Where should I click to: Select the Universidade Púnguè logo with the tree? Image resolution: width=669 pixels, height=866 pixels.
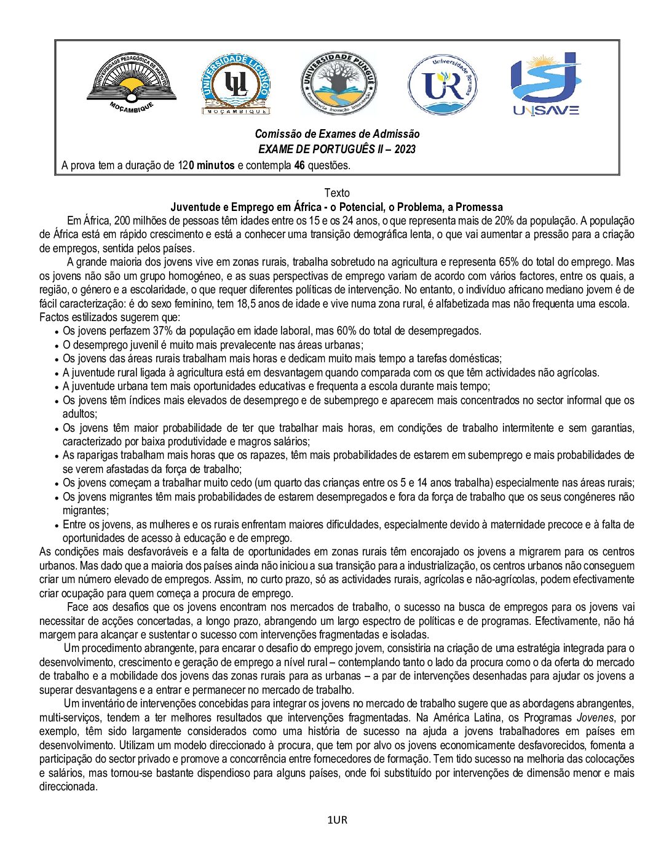(339, 84)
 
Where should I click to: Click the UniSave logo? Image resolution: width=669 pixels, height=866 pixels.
(545, 84)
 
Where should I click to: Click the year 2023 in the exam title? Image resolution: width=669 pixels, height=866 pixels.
(405, 149)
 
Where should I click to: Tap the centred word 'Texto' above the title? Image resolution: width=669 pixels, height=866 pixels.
(336, 193)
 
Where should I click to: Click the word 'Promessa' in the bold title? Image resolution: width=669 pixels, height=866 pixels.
(479, 207)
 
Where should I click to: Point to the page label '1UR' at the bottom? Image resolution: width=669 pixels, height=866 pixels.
(337, 820)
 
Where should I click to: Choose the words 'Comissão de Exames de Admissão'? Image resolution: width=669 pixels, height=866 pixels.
(337, 134)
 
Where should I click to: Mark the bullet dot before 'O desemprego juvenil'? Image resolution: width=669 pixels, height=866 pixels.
(57, 346)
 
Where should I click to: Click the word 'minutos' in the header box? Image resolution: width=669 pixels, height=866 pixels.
(215, 165)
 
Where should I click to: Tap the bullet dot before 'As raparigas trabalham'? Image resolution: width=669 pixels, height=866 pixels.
(57, 456)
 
